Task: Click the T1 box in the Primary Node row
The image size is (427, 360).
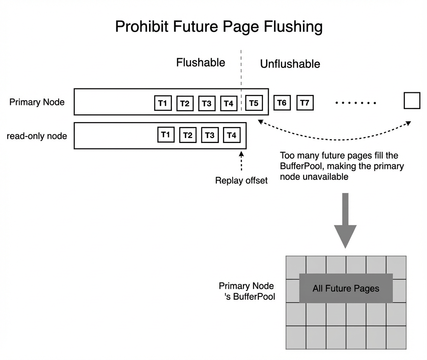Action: (163, 103)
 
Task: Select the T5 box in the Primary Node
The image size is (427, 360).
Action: (254, 103)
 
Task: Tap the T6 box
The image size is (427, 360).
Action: (282, 103)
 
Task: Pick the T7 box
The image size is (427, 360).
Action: (305, 103)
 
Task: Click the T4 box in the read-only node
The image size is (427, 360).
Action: (231, 135)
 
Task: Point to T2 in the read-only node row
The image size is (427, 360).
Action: (188, 135)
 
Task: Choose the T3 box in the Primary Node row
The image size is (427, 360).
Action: (207, 103)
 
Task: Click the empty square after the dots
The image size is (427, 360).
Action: (412, 100)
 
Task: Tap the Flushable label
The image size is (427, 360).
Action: (201, 63)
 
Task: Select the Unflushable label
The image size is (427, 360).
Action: (290, 64)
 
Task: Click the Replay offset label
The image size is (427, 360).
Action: (241, 180)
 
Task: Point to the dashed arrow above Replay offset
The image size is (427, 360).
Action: (241, 161)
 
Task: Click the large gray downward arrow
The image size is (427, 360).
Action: (345, 220)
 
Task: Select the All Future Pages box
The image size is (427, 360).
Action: (346, 288)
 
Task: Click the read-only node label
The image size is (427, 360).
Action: (37, 136)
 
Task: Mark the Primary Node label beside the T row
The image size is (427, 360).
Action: (37, 102)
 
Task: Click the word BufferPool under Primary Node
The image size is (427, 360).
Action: (254, 297)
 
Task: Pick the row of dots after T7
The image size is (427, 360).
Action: (356, 103)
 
